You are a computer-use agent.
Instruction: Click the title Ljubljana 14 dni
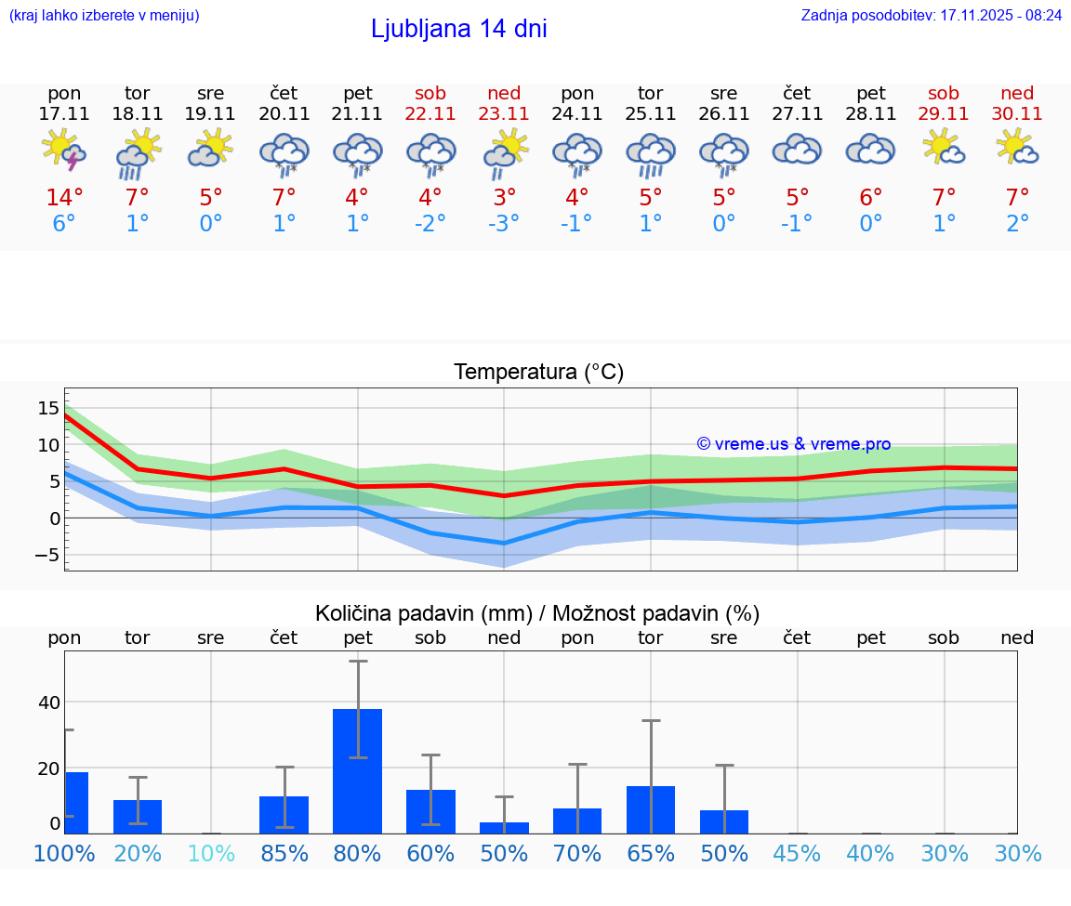click(x=458, y=29)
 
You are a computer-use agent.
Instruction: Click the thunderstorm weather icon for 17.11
click(x=64, y=151)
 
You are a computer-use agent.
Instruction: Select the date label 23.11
click(x=504, y=114)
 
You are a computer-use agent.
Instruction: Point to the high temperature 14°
click(x=64, y=198)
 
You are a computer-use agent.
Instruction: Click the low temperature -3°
click(x=504, y=224)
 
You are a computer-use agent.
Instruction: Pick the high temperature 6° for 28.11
click(x=870, y=198)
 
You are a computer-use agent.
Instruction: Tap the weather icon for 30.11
click(x=1017, y=149)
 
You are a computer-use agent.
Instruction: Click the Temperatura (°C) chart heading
click(x=538, y=373)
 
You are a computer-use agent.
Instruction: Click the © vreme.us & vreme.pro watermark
click(x=794, y=444)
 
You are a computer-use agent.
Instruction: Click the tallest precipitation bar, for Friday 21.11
click(x=357, y=770)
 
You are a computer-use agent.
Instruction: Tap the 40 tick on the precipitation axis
click(x=48, y=702)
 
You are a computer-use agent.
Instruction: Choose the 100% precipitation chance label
click(x=64, y=853)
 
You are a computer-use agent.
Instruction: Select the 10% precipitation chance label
click(x=211, y=853)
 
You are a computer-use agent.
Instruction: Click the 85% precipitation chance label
click(x=284, y=853)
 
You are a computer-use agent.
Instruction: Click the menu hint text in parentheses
click(x=104, y=16)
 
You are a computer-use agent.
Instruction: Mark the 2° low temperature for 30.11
click(x=1017, y=224)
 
